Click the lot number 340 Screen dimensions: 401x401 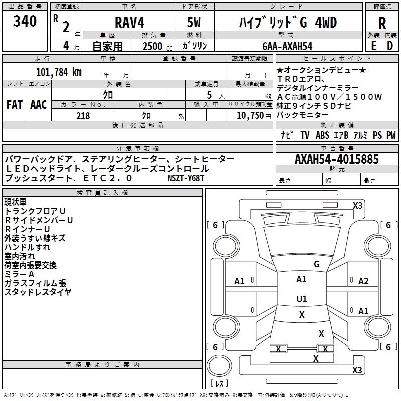25,22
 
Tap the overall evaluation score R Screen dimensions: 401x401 382,23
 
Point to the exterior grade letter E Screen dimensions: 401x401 373,46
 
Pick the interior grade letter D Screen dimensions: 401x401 390,46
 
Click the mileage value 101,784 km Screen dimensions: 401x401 59,72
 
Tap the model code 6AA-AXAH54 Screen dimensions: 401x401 287,46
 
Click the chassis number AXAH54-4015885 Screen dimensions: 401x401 336,159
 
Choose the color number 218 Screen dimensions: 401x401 83,116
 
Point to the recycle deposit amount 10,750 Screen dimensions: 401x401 250,116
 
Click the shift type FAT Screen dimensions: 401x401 14,104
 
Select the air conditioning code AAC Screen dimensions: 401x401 38,104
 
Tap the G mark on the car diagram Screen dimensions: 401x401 316,264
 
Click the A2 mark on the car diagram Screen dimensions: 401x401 363,281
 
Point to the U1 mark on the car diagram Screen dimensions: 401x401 301,299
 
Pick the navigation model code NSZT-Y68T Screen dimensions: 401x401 186,178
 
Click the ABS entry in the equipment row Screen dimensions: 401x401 322,135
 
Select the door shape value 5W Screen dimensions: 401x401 194,23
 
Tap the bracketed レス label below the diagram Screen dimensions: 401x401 219,383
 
